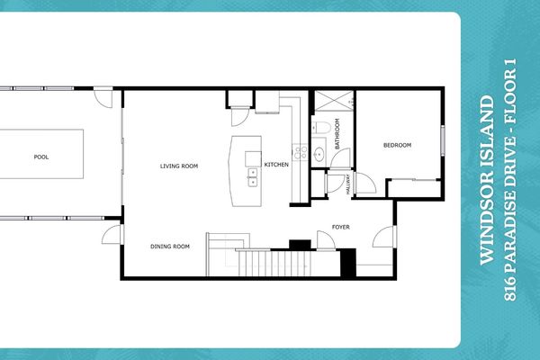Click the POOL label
(x=40, y=157)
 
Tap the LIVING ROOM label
(x=179, y=166)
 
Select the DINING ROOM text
(x=169, y=246)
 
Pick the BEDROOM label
(x=397, y=145)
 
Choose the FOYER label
(x=339, y=228)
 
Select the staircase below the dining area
(x=269, y=264)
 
